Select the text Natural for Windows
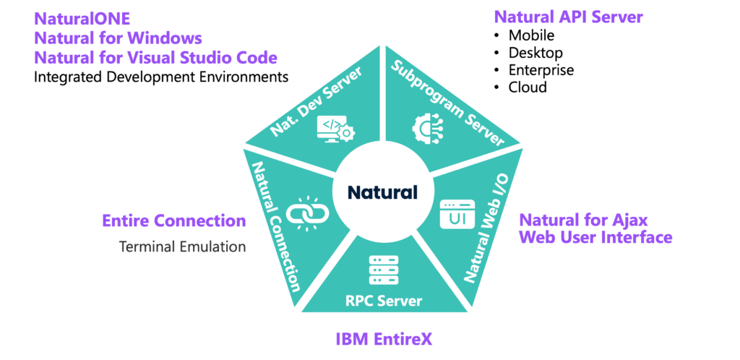pos(118,38)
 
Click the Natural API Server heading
pos(568,17)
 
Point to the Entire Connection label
pos(174,220)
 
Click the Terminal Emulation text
pos(182,247)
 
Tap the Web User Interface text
pos(595,237)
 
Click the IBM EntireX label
pos(384,338)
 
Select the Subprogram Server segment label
pos(447,103)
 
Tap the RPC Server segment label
pos(384,300)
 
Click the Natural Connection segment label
pos(275,226)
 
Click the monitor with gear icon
pos(335,129)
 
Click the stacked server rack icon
pos(384,270)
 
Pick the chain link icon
pos(308,213)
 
